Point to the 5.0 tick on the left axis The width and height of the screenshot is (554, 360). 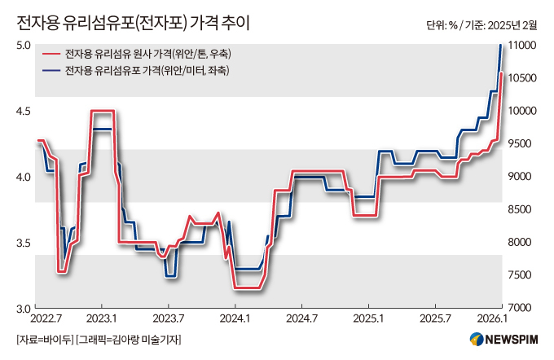pos(24,45)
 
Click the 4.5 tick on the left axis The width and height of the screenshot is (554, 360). pos(24,111)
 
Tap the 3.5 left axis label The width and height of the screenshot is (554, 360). pos(24,243)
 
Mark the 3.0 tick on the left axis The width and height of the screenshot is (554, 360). pos(24,309)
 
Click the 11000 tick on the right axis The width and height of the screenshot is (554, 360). pos(523,45)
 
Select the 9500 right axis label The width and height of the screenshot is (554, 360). pos(523,143)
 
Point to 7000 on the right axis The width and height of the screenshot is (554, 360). pos(523,309)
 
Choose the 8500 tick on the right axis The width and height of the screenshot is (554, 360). pos(523,209)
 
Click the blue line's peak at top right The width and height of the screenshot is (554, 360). pos(500,46)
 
